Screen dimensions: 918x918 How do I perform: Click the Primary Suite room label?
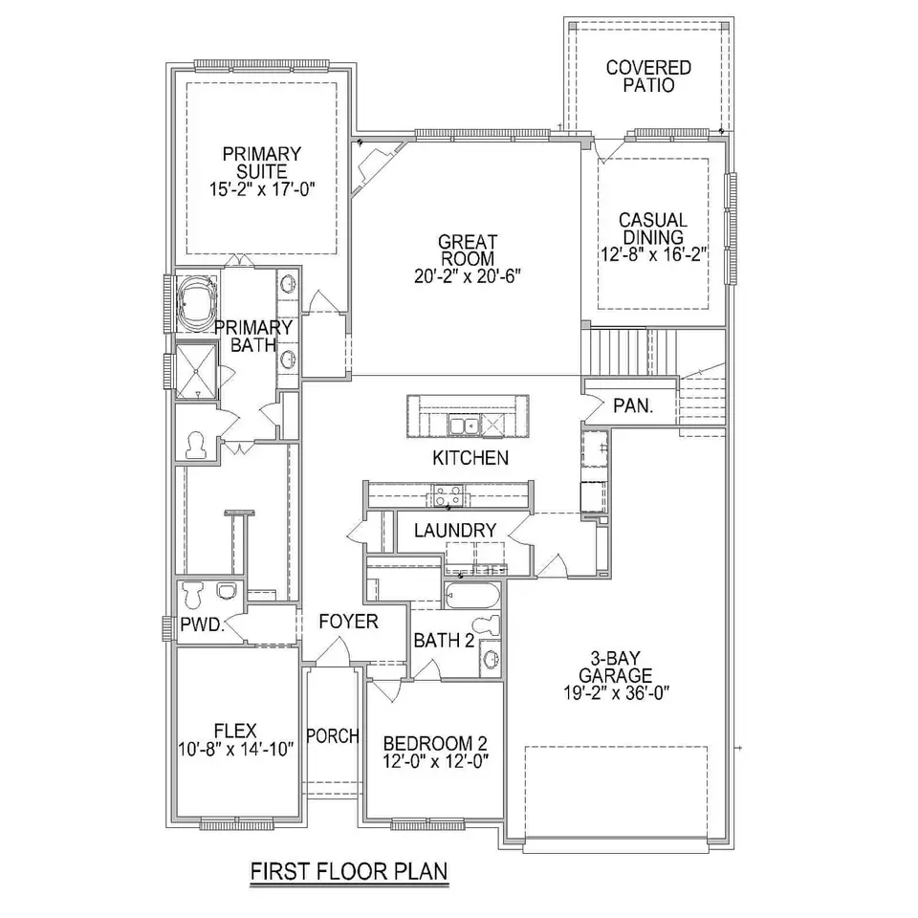pyautogui.click(x=262, y=163)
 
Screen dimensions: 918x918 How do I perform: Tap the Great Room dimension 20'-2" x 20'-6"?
pyautogui.click(x=468, y=275)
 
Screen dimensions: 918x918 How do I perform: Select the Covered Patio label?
pyautogui.click(x=648, y=76)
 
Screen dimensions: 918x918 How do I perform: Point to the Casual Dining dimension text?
pyautogui.click(x=654, y=254)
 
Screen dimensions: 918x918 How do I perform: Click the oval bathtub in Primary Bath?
pyautogui.click(x=197, y=302)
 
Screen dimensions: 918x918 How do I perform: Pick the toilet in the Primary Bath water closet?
pyautogui.click(x=195, y=445)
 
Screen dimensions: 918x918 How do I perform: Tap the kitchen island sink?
pyautogui.click(x=464, y=426)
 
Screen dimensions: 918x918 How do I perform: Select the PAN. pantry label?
pyautogui.click(x=633, y=405)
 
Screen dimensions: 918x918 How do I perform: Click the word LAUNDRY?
pyautogui.click(x=455, y=531)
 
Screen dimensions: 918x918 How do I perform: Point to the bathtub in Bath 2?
pyautogui.click(x=471, y=596)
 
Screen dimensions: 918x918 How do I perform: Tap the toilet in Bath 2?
pyautogui.click(x=486, y=624)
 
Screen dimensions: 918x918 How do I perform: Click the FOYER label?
pyautogui.click(x=348, y=622)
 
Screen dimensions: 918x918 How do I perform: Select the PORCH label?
pyautogui.click(x=333, y=736)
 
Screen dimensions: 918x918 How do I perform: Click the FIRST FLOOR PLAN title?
pyautogui.click(x=349, y=870)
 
